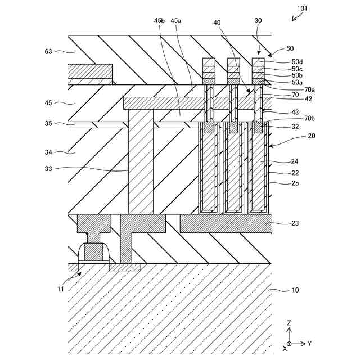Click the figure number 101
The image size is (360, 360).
(x=301, y=8)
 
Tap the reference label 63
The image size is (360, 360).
(x=49, y=51)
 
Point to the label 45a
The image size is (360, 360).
(x=176, y=20)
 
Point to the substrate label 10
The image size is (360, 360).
(x=295, y=290)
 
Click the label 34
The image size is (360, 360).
(x=49, y=151)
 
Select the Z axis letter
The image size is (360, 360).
(x=289, y=323)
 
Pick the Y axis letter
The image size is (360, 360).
(x=309, y=343)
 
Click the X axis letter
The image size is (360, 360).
(x=285, y=348)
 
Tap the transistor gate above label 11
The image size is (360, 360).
(x=94, y=252)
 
